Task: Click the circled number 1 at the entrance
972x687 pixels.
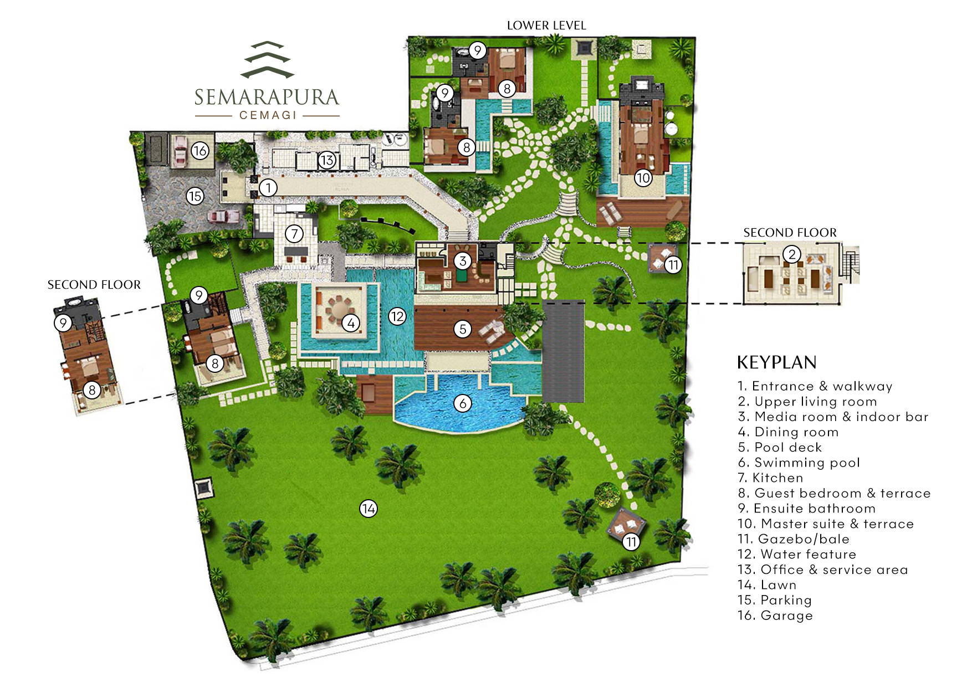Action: point(268,188)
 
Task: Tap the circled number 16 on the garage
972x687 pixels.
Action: point(199,150)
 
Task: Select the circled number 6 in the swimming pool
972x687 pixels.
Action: point(463,403)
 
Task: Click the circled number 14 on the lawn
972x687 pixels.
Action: point(369,508)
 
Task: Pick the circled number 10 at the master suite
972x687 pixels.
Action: point(643,178)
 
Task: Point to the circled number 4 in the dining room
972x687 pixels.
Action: point(351,322)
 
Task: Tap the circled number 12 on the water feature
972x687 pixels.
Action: point(397,316)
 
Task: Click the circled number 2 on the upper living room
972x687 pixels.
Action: point(792,254)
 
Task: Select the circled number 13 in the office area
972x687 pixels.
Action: point(327,160)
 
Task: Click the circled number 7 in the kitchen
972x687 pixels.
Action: point(294,234)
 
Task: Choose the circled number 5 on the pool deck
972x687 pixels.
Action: point(463,329)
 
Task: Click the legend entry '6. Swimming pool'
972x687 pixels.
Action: point(799,463)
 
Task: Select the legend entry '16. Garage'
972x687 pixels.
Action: point(775,616)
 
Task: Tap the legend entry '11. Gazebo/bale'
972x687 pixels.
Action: point(793,539)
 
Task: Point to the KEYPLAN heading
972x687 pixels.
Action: point(776,363)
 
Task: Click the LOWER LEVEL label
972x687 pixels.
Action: point(546,25)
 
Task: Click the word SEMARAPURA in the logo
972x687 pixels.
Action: point(267,98)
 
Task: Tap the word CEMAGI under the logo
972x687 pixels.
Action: point(268,115)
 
